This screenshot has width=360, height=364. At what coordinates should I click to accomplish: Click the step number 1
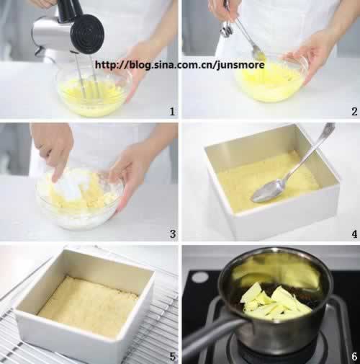(x=172, y=112)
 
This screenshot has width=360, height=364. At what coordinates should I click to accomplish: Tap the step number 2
(x=354, y=112)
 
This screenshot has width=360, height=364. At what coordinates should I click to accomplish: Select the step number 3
(x=173, y=234)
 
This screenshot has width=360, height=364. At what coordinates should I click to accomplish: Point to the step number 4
(x=354, y=234)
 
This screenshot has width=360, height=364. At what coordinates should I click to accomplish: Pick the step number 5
(x=173, y=357)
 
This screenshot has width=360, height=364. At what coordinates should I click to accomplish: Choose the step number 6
(x=354, y=357)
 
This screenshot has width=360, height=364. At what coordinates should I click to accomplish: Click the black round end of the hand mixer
(x=88, y=34)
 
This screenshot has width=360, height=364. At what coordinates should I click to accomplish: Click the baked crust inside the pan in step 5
(x=88, y=307)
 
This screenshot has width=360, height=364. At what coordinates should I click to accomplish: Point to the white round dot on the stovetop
(x=200, y=278)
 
